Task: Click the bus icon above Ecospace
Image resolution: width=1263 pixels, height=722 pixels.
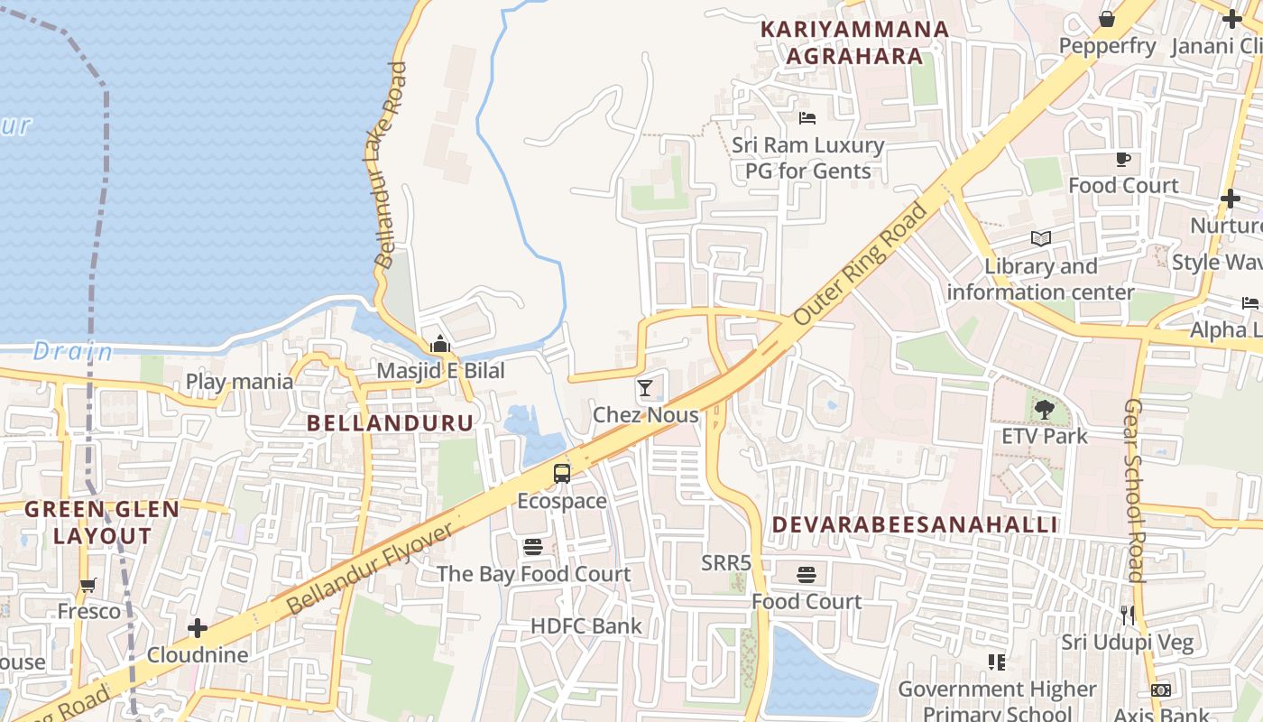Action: click(x=561, y=474)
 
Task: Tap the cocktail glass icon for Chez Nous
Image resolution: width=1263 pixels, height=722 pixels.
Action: click(x=645, y=388)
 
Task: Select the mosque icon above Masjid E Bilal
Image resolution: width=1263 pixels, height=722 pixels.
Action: click(x=440, y=344)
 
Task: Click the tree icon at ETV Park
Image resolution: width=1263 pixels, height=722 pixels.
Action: click(x=1044, y=410)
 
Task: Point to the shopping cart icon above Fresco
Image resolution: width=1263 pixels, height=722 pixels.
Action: click(x=88, y=585)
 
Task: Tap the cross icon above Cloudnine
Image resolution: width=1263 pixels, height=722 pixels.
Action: click(x=198, y=628)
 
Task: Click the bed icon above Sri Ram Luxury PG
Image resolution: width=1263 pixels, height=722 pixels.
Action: click(x=807, y=118)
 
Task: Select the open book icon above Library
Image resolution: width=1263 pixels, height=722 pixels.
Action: click(x=1040, y=239)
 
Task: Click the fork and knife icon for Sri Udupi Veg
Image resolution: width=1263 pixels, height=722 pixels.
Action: click(x=1127, y=616)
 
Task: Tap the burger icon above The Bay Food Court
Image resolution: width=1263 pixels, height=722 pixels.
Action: click(x=533, y=547)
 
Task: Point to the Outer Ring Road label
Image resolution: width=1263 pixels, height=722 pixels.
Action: click(x=861, y=264)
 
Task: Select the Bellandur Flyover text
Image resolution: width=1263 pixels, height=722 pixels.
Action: click(x=370, y=570)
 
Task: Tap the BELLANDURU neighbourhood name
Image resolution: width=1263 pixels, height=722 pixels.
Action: click(x=390, y=422)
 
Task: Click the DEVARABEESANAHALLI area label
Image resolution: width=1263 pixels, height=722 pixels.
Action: click(x=914, y=524)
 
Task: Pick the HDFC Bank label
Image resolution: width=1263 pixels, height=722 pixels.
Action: click(x=585, y=625)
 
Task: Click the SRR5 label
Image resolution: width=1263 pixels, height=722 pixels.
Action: click(x=726, y=563)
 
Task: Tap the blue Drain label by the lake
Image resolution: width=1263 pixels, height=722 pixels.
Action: click(x=73, y=351)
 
